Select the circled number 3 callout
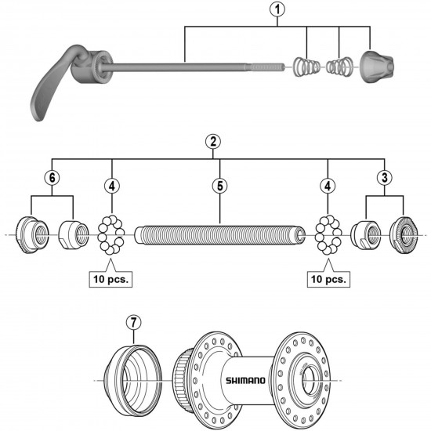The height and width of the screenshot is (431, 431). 384,177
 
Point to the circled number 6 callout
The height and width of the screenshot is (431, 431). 52,178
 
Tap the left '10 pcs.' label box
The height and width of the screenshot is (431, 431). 112,278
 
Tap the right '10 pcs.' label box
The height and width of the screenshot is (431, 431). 328,278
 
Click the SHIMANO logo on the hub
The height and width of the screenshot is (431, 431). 246,381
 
